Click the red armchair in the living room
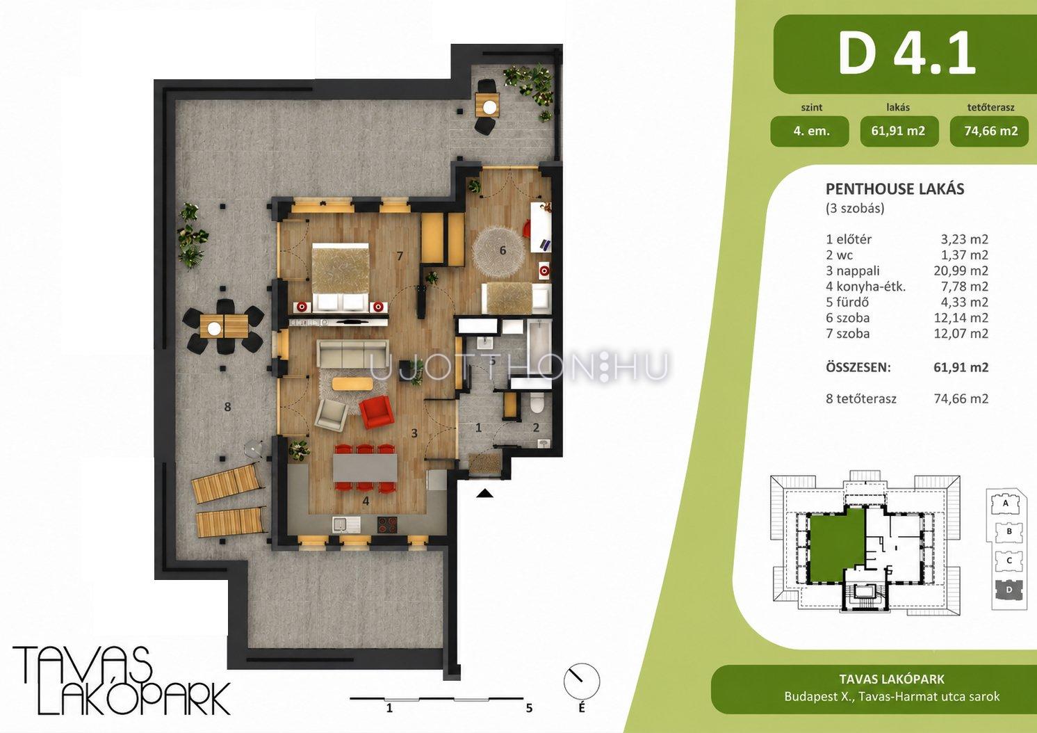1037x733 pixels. [x=377, y=412]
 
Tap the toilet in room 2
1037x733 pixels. [x=537, y=402]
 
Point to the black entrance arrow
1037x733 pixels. [x=485, y=493]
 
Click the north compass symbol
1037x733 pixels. [x=582, y=682]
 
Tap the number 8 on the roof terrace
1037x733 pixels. [x=227, y=407]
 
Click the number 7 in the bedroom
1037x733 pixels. [x=400, y=256]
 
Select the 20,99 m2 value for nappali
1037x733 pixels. [x=961, y=271]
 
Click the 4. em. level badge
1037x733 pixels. [x=810, y=131]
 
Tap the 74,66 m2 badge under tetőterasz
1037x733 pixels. [x=991, y=131]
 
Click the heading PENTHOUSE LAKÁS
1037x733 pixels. [x=895, y=189]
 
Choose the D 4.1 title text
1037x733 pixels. [x=907, y=53]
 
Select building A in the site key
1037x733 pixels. [x=1005, y=504]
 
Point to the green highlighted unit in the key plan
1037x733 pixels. [x=836, y=543]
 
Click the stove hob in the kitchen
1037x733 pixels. [x=387, y=525]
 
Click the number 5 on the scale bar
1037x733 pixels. [x=529, y=709]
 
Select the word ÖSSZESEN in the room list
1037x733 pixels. [x=858, y=368]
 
